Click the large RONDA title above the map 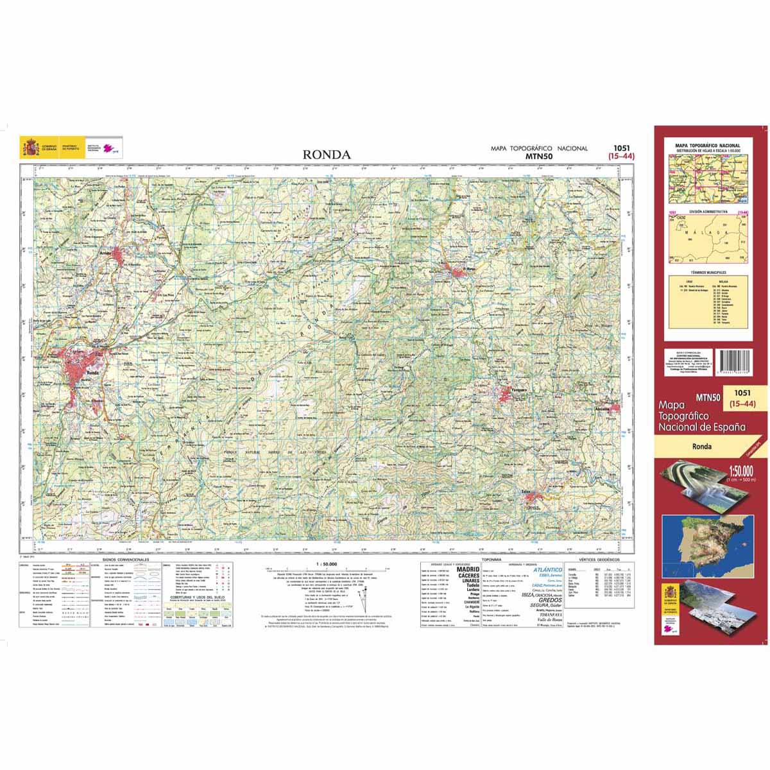pyautogui.click(x=327, y=155)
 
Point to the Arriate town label pyautogui.click(x=105, y=254)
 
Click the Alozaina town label pyautogui.click(x=603, y=409)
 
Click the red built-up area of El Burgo pyautogui.click(x=459, y=273)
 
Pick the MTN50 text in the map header pyautogui.click(x=539, y=155)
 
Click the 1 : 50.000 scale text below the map pyautogui.click(x=327, y=564)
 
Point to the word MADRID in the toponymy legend pyautogui.click(x=468, y=569)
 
